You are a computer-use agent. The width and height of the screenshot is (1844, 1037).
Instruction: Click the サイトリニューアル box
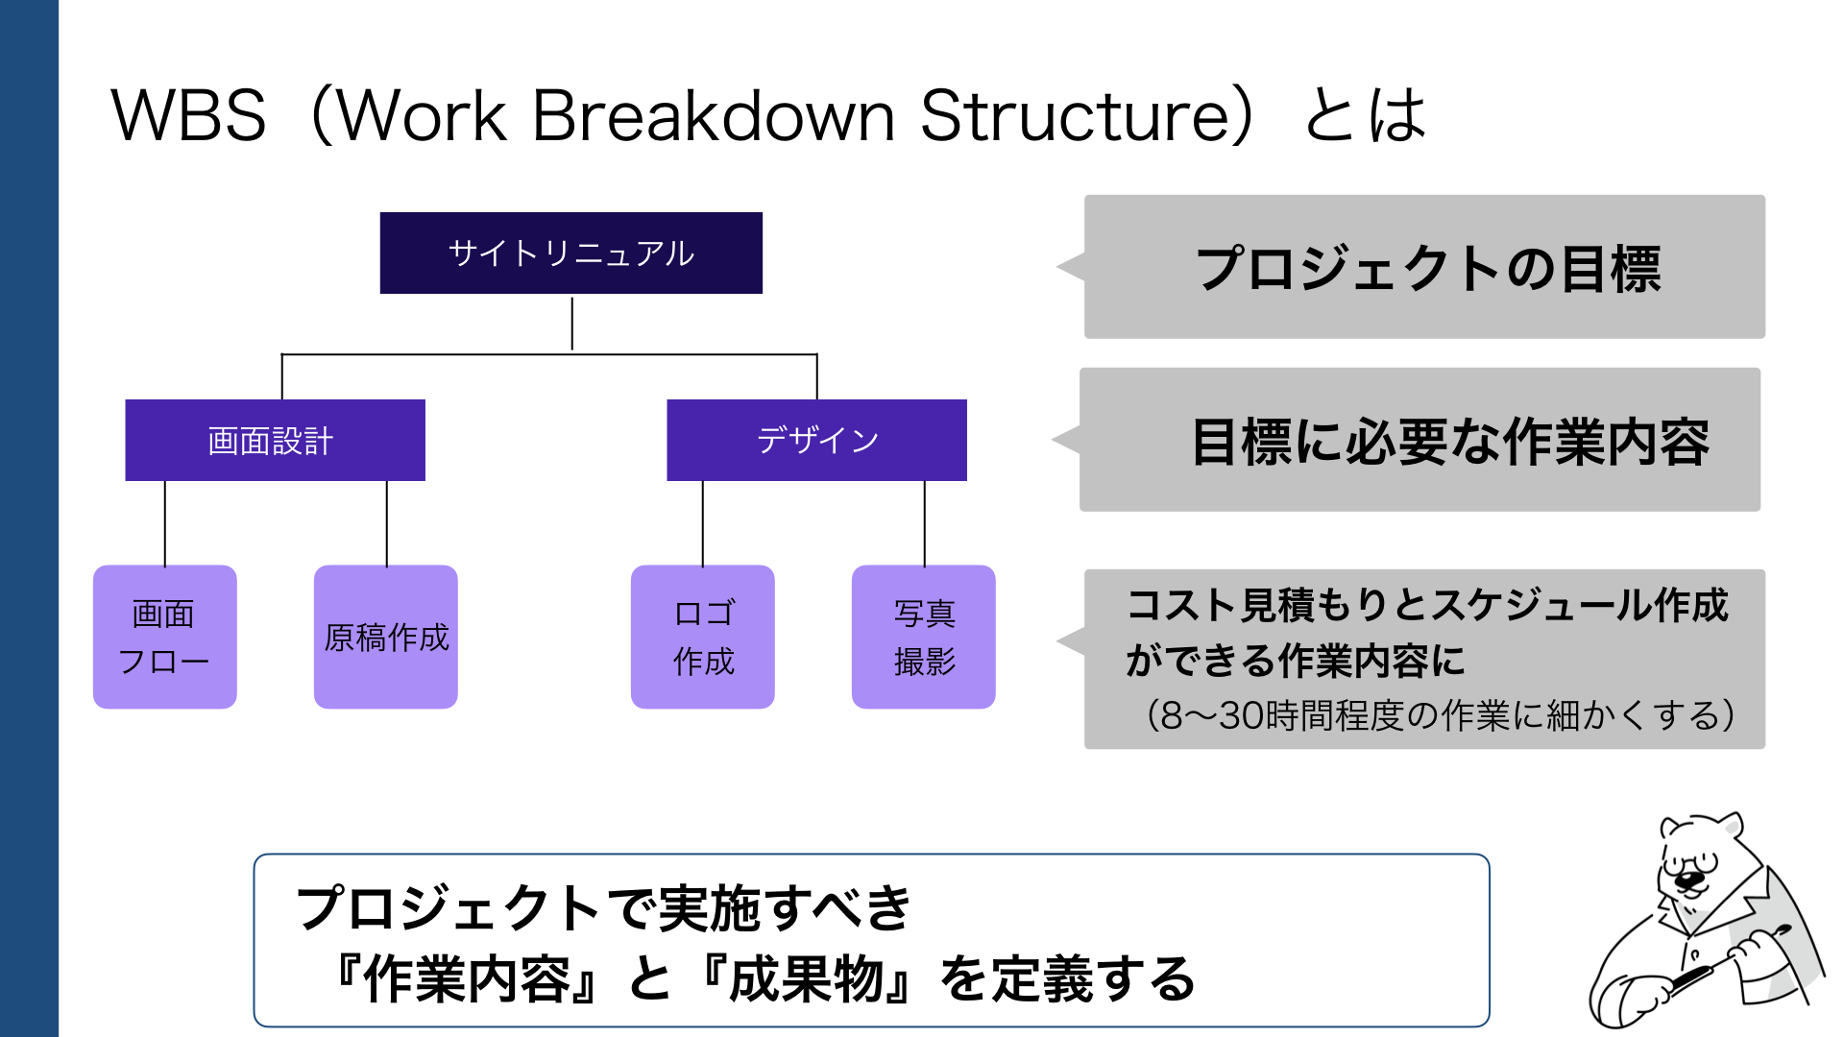570,253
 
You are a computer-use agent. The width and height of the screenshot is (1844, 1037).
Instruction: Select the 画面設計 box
275,440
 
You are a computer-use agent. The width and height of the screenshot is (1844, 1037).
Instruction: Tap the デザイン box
816,440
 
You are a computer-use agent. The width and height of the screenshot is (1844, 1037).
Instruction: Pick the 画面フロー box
164,637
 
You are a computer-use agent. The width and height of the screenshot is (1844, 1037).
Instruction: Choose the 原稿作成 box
385,637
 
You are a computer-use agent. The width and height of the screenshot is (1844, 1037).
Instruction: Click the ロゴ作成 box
702,637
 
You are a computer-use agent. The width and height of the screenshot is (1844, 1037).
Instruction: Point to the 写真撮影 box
923,637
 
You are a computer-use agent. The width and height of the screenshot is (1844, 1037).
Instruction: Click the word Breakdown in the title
713,116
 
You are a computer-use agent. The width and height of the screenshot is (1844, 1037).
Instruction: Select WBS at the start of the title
188,116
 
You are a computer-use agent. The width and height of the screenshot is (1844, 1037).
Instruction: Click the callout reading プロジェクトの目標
1425,267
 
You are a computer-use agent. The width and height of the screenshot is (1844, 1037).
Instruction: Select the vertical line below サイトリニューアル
571,324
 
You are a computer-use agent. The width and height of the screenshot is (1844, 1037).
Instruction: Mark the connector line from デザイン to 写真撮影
924,523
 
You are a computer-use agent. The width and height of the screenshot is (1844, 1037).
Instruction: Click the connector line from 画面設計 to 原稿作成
386,523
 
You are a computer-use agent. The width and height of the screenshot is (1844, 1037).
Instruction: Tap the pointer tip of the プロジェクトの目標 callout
1060,267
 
